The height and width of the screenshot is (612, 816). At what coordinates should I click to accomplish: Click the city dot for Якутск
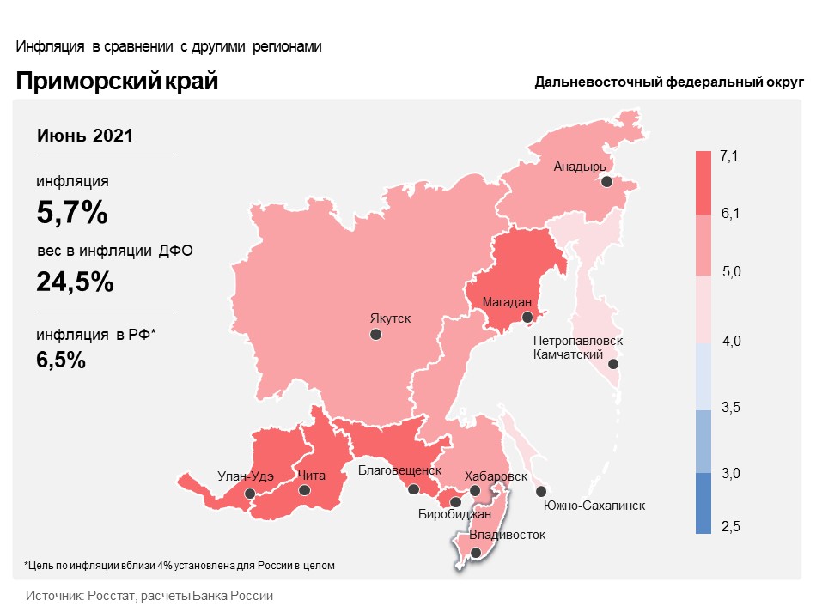pyautogui.click(x=375, y=335)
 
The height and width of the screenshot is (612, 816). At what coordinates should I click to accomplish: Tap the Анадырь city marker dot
pyautogui.click(x=606, y=182)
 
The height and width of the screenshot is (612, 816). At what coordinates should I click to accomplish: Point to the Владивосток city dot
pyautogui.click(x=476, y=553)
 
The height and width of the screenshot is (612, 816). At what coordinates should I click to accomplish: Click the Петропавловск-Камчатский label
pyautogui.click(x=580, y=348)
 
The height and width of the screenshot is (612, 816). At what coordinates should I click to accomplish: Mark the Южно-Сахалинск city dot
pyautogui.click(x=540, y=491)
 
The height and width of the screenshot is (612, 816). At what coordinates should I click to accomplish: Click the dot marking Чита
pyautogui.click(x=304, y=490)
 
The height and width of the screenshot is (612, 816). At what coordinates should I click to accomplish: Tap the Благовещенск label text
pyautogui.click(x=399, y=470)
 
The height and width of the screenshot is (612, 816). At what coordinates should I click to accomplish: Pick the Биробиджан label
pyautogui.click(x=454, y=515)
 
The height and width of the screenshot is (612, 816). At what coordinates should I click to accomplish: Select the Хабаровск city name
pyautogui.click(x=496, y=476)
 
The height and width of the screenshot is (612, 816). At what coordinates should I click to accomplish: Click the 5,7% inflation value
pyautogui.click(x=72, y=212)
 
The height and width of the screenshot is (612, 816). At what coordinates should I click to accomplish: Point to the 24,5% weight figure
pyautogui.click(x=76, y=282)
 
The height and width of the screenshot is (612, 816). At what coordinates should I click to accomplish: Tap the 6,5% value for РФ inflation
pyautogui.click(x=61, y=360)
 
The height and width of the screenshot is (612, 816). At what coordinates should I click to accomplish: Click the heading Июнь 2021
pyautogui.click(x=84, y=135)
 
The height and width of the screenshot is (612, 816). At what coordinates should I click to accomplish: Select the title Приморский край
pyautogui.click(x=117, y=82)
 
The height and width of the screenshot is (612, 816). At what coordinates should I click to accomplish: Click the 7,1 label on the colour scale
pyautogui.click(x=729, y=155)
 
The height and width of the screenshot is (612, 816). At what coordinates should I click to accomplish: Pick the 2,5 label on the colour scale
pyautogui.click(x=730, y=525)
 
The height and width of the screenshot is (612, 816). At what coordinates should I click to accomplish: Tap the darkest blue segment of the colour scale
pyautogui.click(x=703, y=504)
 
